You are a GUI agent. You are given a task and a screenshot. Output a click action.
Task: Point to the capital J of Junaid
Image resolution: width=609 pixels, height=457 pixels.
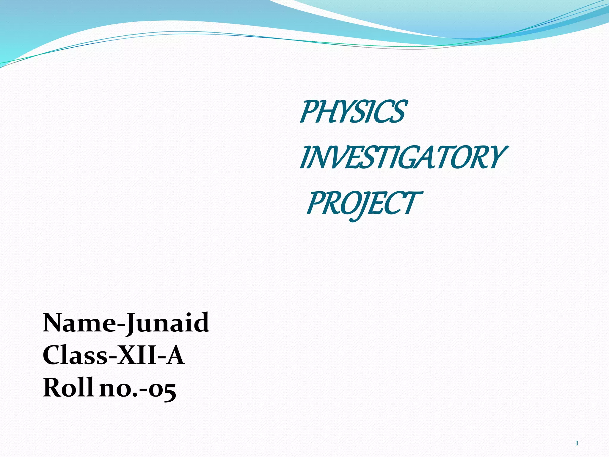click(x=131, y=324)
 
